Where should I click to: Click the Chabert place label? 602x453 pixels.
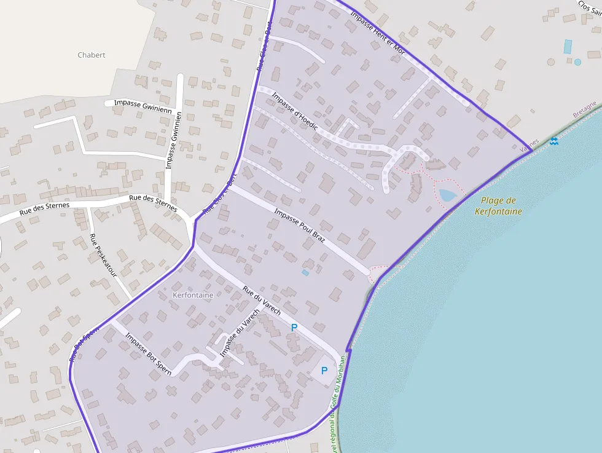click(x=92, y=55)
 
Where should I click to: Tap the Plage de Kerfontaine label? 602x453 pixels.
click(x=498, y=206)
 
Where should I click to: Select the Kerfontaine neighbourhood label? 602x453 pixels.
click(x=193, y=295)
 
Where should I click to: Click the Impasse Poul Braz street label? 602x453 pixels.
click(x=299, y=226)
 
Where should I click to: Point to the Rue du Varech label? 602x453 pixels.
click(x=262, y=301)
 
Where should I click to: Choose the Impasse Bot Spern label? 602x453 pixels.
click(x=148, y=353)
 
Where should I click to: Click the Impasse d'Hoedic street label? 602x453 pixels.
click(x=295, y=111)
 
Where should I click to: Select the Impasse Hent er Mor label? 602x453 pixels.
click(x=377, y=33)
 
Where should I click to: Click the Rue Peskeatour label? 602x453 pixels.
click(x=103, y=255)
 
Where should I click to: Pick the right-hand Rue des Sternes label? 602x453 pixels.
click(x=153, y=203)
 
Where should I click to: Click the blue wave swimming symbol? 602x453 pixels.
click(x=554, y=141)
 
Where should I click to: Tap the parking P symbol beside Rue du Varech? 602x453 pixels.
click(x=294, y=328)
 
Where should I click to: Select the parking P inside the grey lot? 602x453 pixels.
click(x=324, y=371)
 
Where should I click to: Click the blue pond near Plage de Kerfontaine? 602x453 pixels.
click(x=447, y=195)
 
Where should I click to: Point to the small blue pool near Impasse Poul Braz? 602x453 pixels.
click(x=305, y=272)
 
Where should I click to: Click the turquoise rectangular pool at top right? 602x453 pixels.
click(x=568, y=46)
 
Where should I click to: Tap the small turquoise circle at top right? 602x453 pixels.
click(x=577, y=62)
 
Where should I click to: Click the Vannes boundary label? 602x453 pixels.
click(x=529, y=146)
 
